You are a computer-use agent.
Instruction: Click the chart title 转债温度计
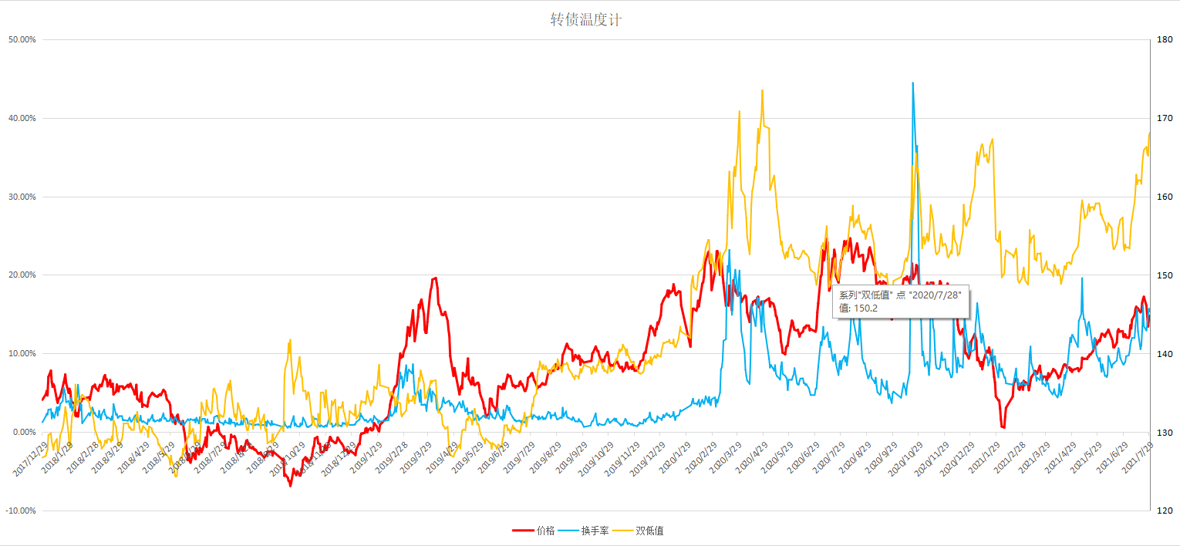585,20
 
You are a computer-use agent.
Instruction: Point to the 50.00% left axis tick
22,39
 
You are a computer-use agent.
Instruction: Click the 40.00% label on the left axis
22,118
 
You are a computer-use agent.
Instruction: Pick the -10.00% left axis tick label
21,511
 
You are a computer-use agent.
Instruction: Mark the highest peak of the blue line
913,83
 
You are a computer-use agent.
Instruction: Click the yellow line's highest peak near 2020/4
762,90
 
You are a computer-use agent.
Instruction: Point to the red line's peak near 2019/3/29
436,278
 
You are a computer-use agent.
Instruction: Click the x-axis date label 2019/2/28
393,460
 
